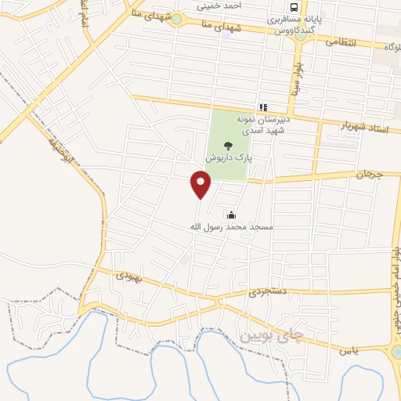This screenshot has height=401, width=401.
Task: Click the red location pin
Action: tap(200, 185)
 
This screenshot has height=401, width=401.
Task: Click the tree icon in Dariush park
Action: tap(228, 145)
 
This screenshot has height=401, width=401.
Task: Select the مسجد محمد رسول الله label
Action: tap(231, 227)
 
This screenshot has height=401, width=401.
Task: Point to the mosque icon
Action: tap(231, 215)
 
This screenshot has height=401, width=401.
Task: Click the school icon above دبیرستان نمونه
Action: tap(264, 107)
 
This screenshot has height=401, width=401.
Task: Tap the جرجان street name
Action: tap(369, 174)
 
